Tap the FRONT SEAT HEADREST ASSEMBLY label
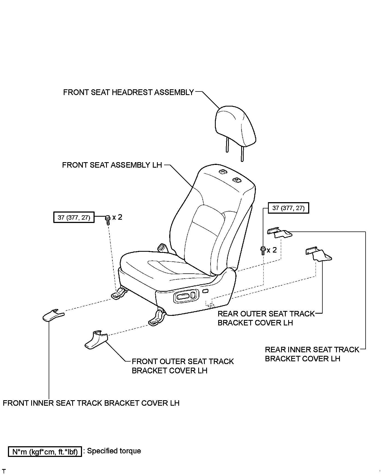pyautogui.click(x=129, y=92)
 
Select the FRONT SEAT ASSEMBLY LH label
pyautogui.click(x=112, y=165)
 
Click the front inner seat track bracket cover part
pyautogui.click(x=53, y=315)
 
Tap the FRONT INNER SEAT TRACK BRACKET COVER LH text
pyautogui.click(x=91, y=403)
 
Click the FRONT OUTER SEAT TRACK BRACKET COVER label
pyautogui.click(x=182, y=366)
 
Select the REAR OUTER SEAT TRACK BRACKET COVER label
pyautogui.click(x=266, y=318)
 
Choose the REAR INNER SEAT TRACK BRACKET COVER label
pyautogui.click(x=312, y=354)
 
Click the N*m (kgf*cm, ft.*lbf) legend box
pyautogui.click(x=45, y=451)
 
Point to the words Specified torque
pyautogui.click(x=114, y=451)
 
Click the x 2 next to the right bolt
pyautogui.click(x=272, y=250)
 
